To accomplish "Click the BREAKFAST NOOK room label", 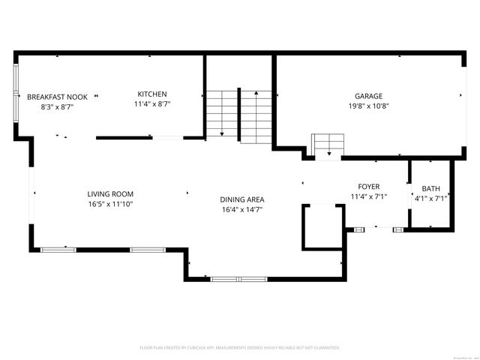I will click(58, 97).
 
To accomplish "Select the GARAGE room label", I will click(368, 96).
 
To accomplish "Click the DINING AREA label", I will click(241, 199).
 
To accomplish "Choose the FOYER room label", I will click(368, 187).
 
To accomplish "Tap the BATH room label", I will click(430, 189).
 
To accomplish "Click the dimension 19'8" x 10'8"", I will click(368, 106).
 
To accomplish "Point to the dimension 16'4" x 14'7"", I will click(241, 209).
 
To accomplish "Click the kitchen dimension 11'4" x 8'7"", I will click(152, 103).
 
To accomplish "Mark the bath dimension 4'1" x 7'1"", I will click(430, 199).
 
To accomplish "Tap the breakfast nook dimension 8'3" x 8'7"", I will click(58, 106).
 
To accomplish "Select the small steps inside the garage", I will click(328, 144).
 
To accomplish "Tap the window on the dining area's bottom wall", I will click(238, 279).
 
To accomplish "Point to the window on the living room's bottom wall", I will click(58, 249).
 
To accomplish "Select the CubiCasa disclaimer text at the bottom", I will click(240, 347).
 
